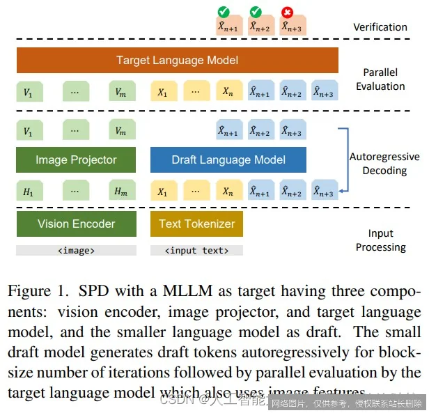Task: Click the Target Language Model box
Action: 178,61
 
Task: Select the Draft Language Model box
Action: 228,159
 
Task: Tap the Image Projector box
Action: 76,159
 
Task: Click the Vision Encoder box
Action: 76,224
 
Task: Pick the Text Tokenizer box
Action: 196,224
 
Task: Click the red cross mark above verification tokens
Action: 286,11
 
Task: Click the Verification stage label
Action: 380,27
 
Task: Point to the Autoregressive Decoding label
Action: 384,164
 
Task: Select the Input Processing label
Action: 381,240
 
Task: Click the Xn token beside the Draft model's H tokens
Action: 228,192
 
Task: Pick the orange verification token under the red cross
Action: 292,26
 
